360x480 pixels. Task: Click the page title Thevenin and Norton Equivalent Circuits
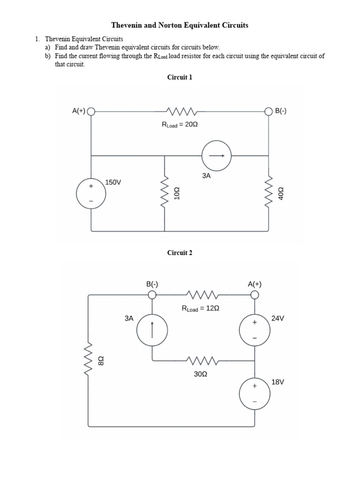coord(180,25)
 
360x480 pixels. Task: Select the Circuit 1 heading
coord(180,77)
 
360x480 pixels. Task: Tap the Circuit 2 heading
coord(180,253)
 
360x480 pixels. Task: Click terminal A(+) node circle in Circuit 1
coord(91,112)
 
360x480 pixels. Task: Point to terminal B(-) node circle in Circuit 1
coord(269,112)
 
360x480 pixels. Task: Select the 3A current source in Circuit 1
coord(216,156)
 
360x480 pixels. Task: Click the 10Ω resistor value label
coord(177,194)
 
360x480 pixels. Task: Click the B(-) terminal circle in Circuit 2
coord(152,294)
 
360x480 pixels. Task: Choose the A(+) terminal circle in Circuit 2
coord(255,294)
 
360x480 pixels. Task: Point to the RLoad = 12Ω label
coord(201,308)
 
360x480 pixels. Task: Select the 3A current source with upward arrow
coord(152,330)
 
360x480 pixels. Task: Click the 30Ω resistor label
coord(201,375)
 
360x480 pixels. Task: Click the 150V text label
coord(113,182)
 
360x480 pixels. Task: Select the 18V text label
coord(278,382)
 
